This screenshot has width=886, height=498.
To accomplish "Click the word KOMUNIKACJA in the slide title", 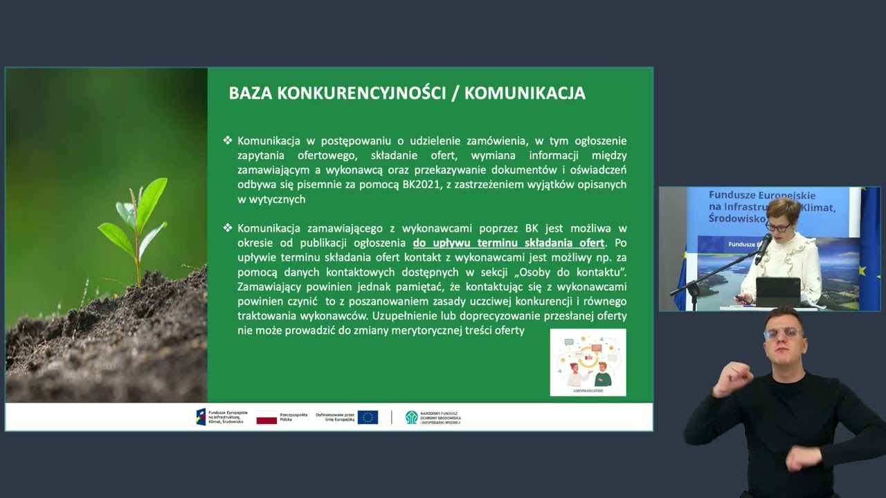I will pos(525,93).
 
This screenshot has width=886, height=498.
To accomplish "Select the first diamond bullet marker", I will pos(228,140).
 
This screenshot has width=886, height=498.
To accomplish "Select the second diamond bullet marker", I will pos(228,228).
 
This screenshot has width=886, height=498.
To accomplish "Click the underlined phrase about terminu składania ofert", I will pos(509,243).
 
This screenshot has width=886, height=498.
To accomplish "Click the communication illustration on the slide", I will pos(588,362).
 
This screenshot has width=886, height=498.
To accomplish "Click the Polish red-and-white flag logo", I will pos(266,417).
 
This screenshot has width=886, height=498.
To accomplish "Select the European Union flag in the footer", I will pos(368,417).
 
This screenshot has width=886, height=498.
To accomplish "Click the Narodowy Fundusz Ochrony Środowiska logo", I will pos(433,417).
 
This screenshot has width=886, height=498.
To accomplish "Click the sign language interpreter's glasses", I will pos(784,333).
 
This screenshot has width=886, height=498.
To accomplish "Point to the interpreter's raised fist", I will pos(733,378).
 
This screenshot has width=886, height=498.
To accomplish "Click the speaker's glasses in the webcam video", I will pos(777,227).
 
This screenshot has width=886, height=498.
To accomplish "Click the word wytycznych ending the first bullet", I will pos(271,199).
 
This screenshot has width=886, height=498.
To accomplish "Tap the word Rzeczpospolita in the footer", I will pos(293,414).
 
